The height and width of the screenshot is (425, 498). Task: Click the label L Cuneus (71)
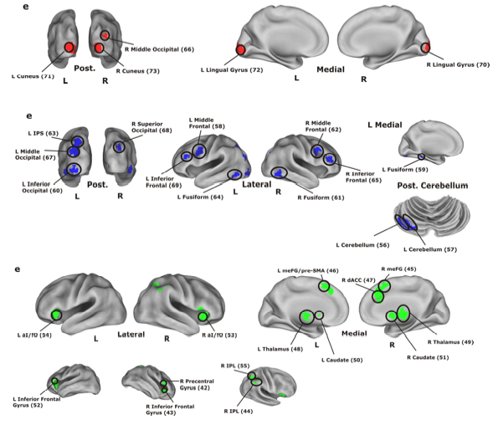(x=33, y=76)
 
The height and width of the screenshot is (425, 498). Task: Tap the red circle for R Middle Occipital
(x=105, y=35)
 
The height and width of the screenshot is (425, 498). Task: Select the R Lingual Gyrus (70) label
(x=458, y=64)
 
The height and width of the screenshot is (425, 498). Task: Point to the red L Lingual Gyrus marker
(x=240, y=50)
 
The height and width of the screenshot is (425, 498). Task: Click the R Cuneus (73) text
(x=137, y=71)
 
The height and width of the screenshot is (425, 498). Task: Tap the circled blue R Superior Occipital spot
(x=120, y=146)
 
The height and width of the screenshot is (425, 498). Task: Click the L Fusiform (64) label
(x=200, y=197)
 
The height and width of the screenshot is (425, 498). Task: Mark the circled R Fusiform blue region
(x=280, y=173)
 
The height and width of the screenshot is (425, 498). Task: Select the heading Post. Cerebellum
(x=433, y=186)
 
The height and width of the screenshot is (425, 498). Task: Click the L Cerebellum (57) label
(x=430, y=249)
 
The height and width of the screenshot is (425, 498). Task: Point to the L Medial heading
(x=385, y=125)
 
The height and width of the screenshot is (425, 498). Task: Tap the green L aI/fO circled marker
(x=57, y=315)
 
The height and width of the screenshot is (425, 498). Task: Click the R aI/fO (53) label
(x=219, y=335)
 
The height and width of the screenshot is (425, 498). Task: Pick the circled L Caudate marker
(x=319, y=315)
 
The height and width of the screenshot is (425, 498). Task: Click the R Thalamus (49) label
(x=450, y=342)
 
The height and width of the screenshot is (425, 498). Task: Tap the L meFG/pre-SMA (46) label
(x=308, y=271)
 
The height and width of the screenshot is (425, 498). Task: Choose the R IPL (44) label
(x=239, y=412)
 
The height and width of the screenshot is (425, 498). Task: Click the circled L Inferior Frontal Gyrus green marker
(x=55, y=381)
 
